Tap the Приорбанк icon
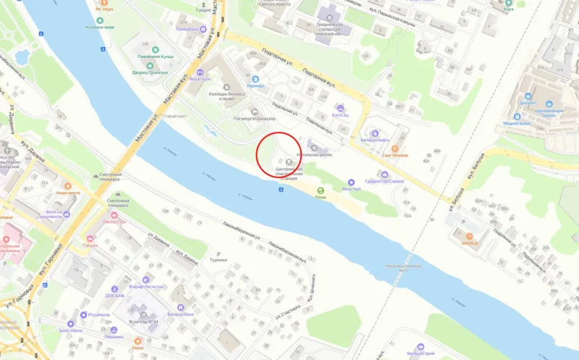pos(203,30)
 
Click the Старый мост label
pos(176,116)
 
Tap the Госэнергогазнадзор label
pos(254,118)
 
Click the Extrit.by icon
pos(337,106)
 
